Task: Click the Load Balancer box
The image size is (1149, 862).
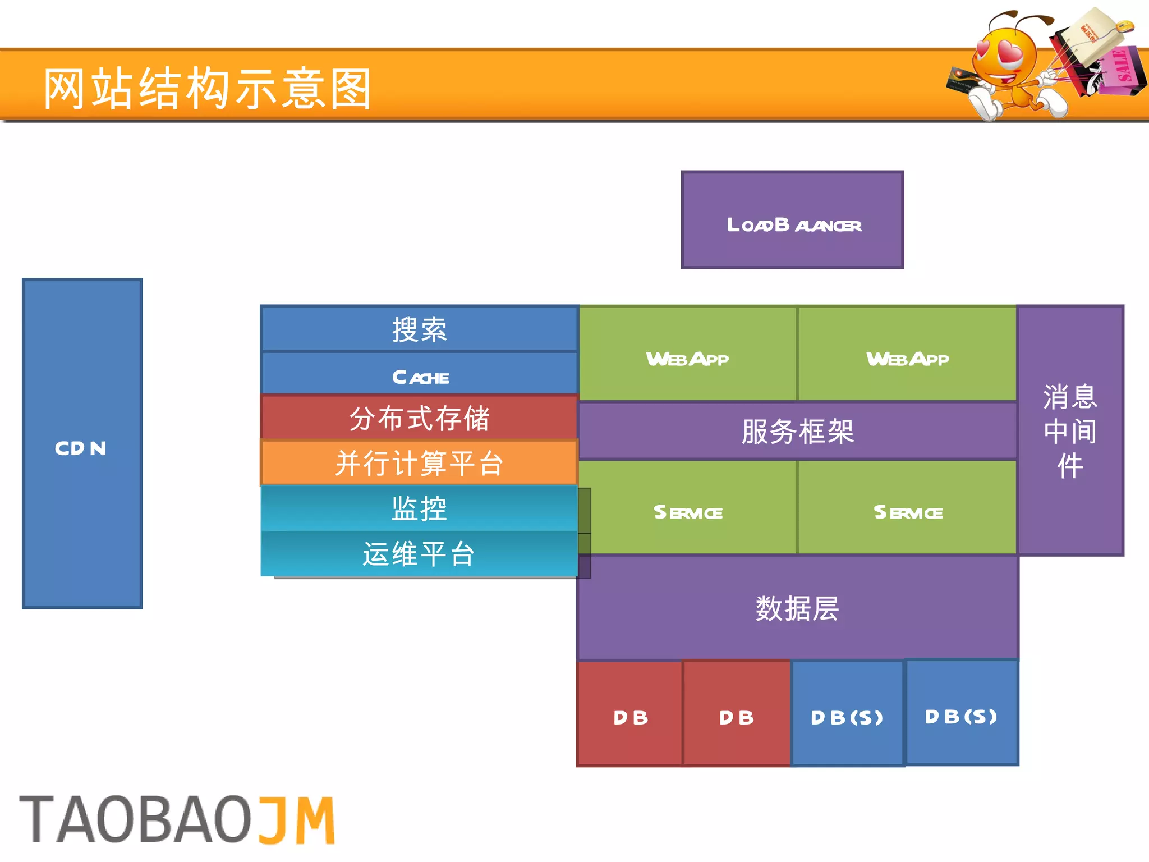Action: tap(792, 220)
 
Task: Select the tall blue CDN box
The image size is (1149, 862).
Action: tap(82, 443)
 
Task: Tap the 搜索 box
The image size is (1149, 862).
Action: tap(419, 329)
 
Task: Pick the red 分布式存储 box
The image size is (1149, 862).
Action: tap(419, 418)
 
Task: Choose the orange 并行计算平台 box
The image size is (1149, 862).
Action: tap(419, 463)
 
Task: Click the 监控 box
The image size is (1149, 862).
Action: tap(419, 508)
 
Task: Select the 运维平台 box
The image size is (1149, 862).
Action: tap(419, 554)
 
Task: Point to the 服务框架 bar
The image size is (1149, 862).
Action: tap(797, 431)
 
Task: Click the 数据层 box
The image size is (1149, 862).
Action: tap(797, 608)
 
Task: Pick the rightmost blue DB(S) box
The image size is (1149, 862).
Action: tap(962, 713)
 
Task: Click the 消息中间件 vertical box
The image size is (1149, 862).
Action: tap(1070, 431)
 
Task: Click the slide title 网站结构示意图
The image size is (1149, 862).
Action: tap(208, 88)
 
